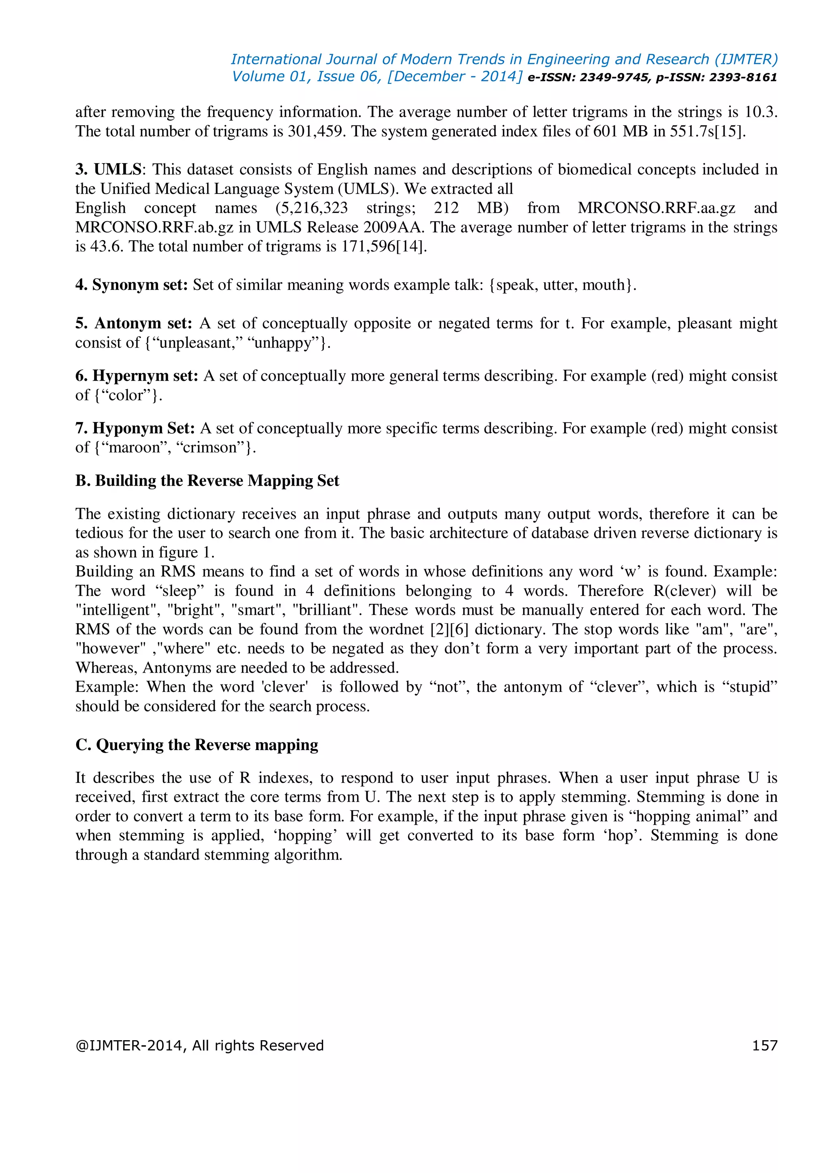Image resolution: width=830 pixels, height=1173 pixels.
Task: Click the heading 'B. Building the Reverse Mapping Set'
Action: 207,481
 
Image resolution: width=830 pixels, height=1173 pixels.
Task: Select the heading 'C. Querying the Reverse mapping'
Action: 197,745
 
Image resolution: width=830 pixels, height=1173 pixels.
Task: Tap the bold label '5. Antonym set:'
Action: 133,323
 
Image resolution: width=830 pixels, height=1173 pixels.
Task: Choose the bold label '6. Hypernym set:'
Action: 137,376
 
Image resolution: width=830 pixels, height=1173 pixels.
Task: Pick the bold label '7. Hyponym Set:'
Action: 135,428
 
